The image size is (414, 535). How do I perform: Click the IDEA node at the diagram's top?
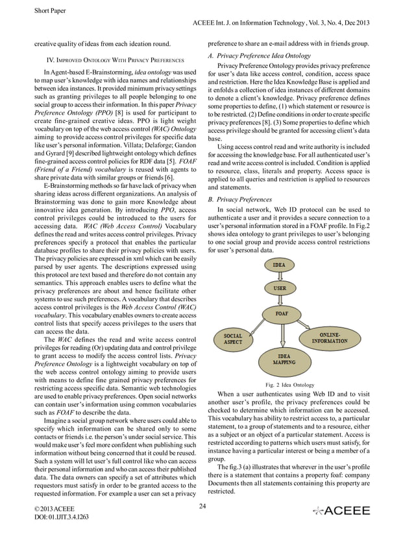[x=279, y=266]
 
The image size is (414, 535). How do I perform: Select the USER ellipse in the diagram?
[x=279, y=288]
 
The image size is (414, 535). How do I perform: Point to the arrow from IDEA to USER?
[x=279, y=277]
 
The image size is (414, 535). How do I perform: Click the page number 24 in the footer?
[x=203, y=506]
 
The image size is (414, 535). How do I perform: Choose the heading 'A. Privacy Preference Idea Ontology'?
[x=258, y=56]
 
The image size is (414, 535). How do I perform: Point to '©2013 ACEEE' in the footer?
[x=54, y=509]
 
